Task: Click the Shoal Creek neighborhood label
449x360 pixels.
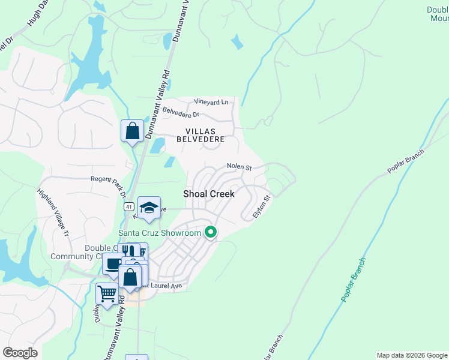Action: coord(208,193)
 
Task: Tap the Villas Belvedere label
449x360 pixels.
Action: coord(200,134)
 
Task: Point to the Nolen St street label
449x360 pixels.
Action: coord(238,166)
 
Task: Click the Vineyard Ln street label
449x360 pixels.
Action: coord(211,102)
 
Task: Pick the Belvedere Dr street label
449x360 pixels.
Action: coord(180,112)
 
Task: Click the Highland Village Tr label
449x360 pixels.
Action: coord(55,209)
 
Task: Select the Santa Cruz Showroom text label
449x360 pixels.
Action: coord(159,233)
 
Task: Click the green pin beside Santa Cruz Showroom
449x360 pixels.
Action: coord(210,231)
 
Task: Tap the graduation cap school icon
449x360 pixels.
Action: coord(149,208)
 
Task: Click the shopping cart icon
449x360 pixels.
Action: coord(107,294)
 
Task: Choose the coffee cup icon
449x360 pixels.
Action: coord(113,264)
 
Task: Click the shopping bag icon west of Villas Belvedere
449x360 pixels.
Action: coord(132,130)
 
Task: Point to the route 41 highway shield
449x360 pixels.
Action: coord(129,206)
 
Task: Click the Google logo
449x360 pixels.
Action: coord(20,353)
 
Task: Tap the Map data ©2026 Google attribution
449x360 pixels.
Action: coord(412,355)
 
